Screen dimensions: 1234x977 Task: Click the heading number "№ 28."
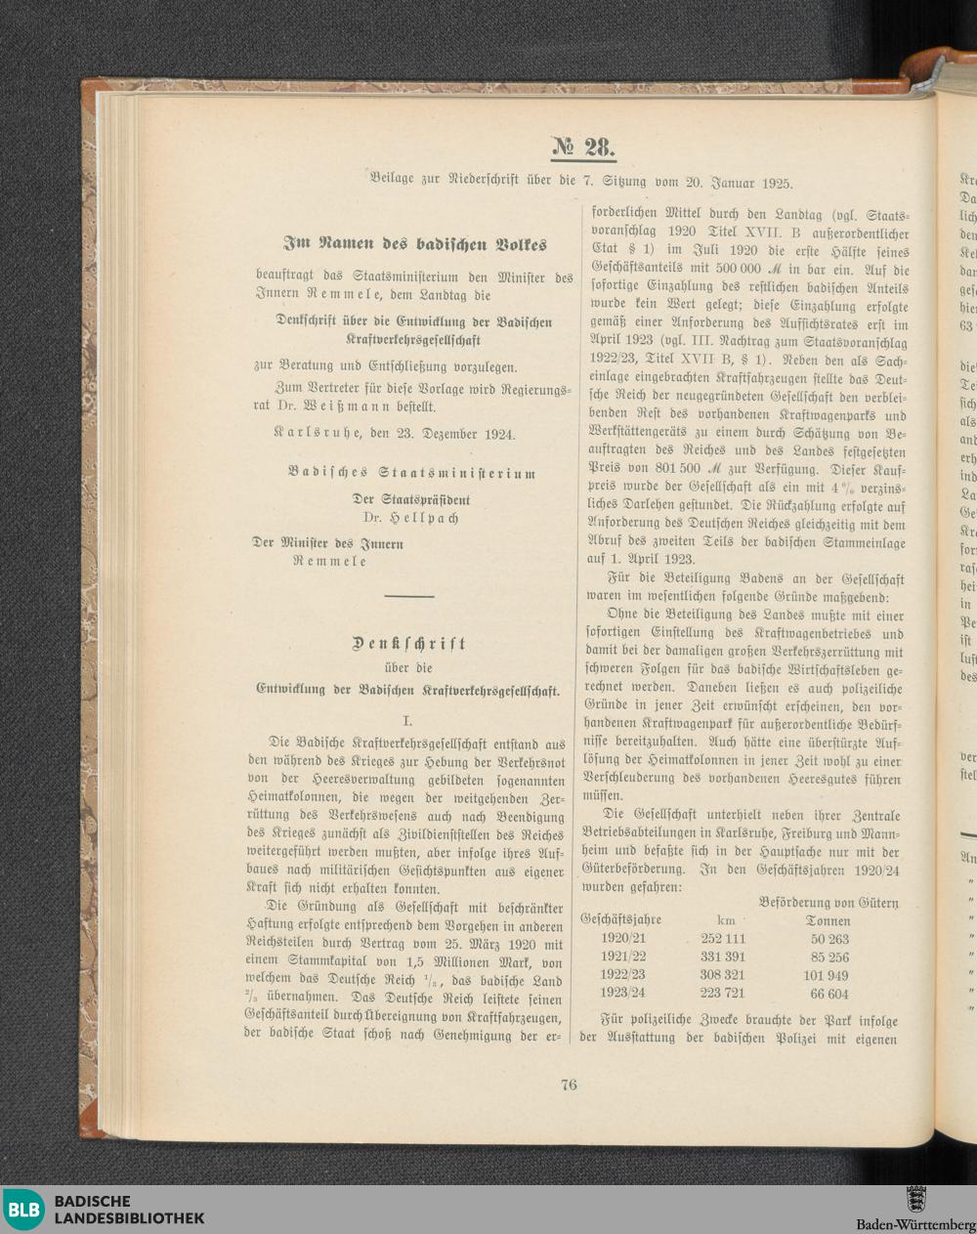[x=583, y=148]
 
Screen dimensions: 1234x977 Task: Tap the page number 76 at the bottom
[x=570, y=1084]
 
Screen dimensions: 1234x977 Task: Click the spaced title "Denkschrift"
[x=409, y=644]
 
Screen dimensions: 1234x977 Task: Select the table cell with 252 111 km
[x=723, y=939]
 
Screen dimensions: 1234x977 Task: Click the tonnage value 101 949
[x=826, y=975]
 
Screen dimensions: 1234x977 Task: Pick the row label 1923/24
[x=623, y=994]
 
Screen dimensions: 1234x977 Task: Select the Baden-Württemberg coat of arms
[x=915, y=1199]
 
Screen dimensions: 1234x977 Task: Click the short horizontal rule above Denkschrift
[x=409, y=596]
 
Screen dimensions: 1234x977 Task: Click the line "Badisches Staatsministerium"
[x=411, y=474]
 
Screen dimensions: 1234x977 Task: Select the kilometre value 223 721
[x=723, y=994]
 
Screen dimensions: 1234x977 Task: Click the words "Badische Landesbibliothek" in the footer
[x=129, y=1210]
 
